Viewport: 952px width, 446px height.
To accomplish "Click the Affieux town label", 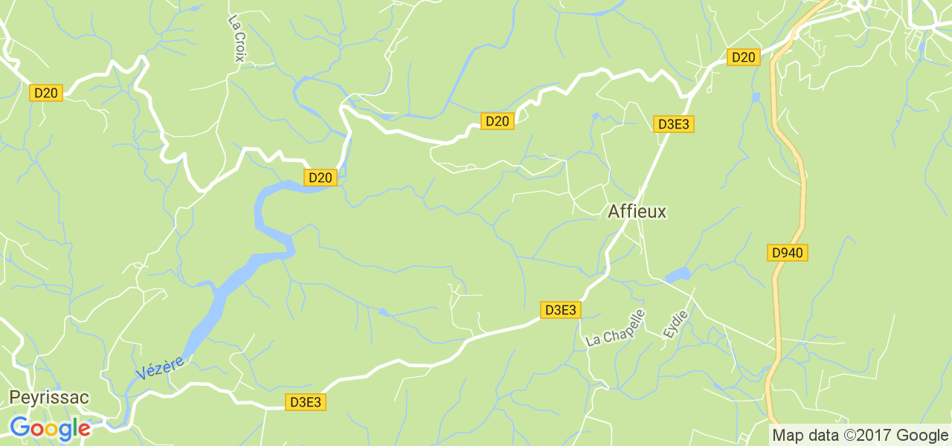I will click(x=637, y=212).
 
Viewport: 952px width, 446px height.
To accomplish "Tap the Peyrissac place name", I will click(x=49, y=398).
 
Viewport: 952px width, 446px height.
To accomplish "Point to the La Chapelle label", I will click(x=615, y=328).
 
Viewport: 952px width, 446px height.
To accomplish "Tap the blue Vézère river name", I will click(x=160, y=363).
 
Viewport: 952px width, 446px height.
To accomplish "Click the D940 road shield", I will click(x=787, y=253).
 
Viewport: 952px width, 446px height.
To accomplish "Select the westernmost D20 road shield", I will click(x=46, y=93).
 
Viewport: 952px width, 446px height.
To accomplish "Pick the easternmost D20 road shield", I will click(x=743, y=57).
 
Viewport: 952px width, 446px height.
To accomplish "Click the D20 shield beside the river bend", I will click(x=321, y=178).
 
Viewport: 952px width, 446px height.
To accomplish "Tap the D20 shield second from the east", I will click(x=497, y=121).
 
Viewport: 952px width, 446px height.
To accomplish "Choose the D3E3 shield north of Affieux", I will click(x=674, y=124).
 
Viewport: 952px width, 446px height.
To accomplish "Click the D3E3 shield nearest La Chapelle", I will click(x=560, y=310).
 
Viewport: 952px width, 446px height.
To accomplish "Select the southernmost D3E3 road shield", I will click(x=305, y=402).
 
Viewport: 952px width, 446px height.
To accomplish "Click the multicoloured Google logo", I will click(x=50, y=428).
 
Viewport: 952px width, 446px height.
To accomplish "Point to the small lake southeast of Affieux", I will click(x=678, y=276).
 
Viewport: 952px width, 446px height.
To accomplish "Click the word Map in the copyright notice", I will click(x=788, y=436).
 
